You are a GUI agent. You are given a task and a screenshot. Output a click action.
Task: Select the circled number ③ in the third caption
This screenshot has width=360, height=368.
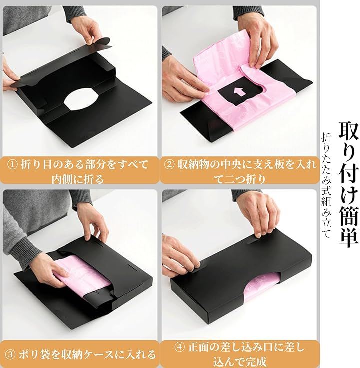pos(10,355)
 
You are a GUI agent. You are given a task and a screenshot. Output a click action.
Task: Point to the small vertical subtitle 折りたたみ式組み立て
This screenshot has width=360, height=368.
pos(327,185)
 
